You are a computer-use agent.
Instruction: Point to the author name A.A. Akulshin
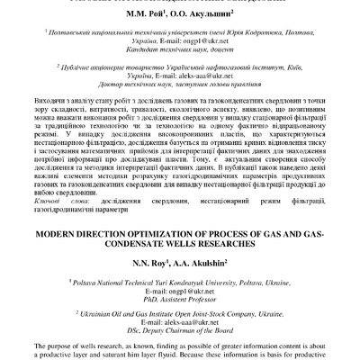click(x=205, y=267)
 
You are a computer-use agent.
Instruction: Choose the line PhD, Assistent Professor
click(x=180, y=307)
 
